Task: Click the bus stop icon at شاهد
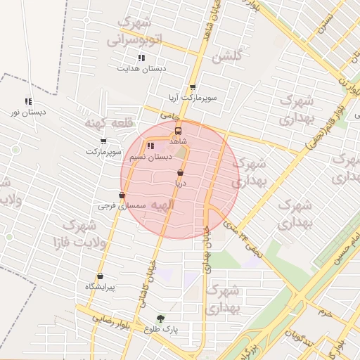pyautogui.click(x=178, y=131)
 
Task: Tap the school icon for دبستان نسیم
pyautogui.click(x=150, y=146)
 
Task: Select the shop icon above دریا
pyautogui.click(x=181, y=172)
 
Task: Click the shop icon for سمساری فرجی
pyautogui.click(x=122, y=195)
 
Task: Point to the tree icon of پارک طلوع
pyautogui.click(x=161, y=318)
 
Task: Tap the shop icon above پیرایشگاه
pyautogui.click(x=100, y=276)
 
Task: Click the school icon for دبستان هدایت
pyautogui.click(x=141, y=58)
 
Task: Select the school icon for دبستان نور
pyautogui.click(x=28, y=101)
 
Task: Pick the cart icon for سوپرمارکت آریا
pyautogui.click(x=193, y=87)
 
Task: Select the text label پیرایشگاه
pyautogui.click(x=100, y=287)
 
